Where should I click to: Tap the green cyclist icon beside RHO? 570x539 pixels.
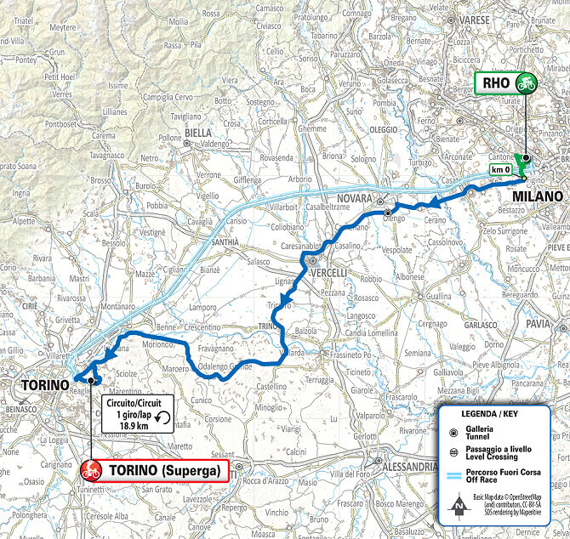527,83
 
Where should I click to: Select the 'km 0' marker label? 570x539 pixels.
502,169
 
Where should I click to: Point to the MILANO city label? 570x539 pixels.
537,196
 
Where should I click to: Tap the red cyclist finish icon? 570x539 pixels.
91,470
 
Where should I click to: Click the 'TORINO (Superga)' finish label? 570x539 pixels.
166,471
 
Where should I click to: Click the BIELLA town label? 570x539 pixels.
197,133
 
